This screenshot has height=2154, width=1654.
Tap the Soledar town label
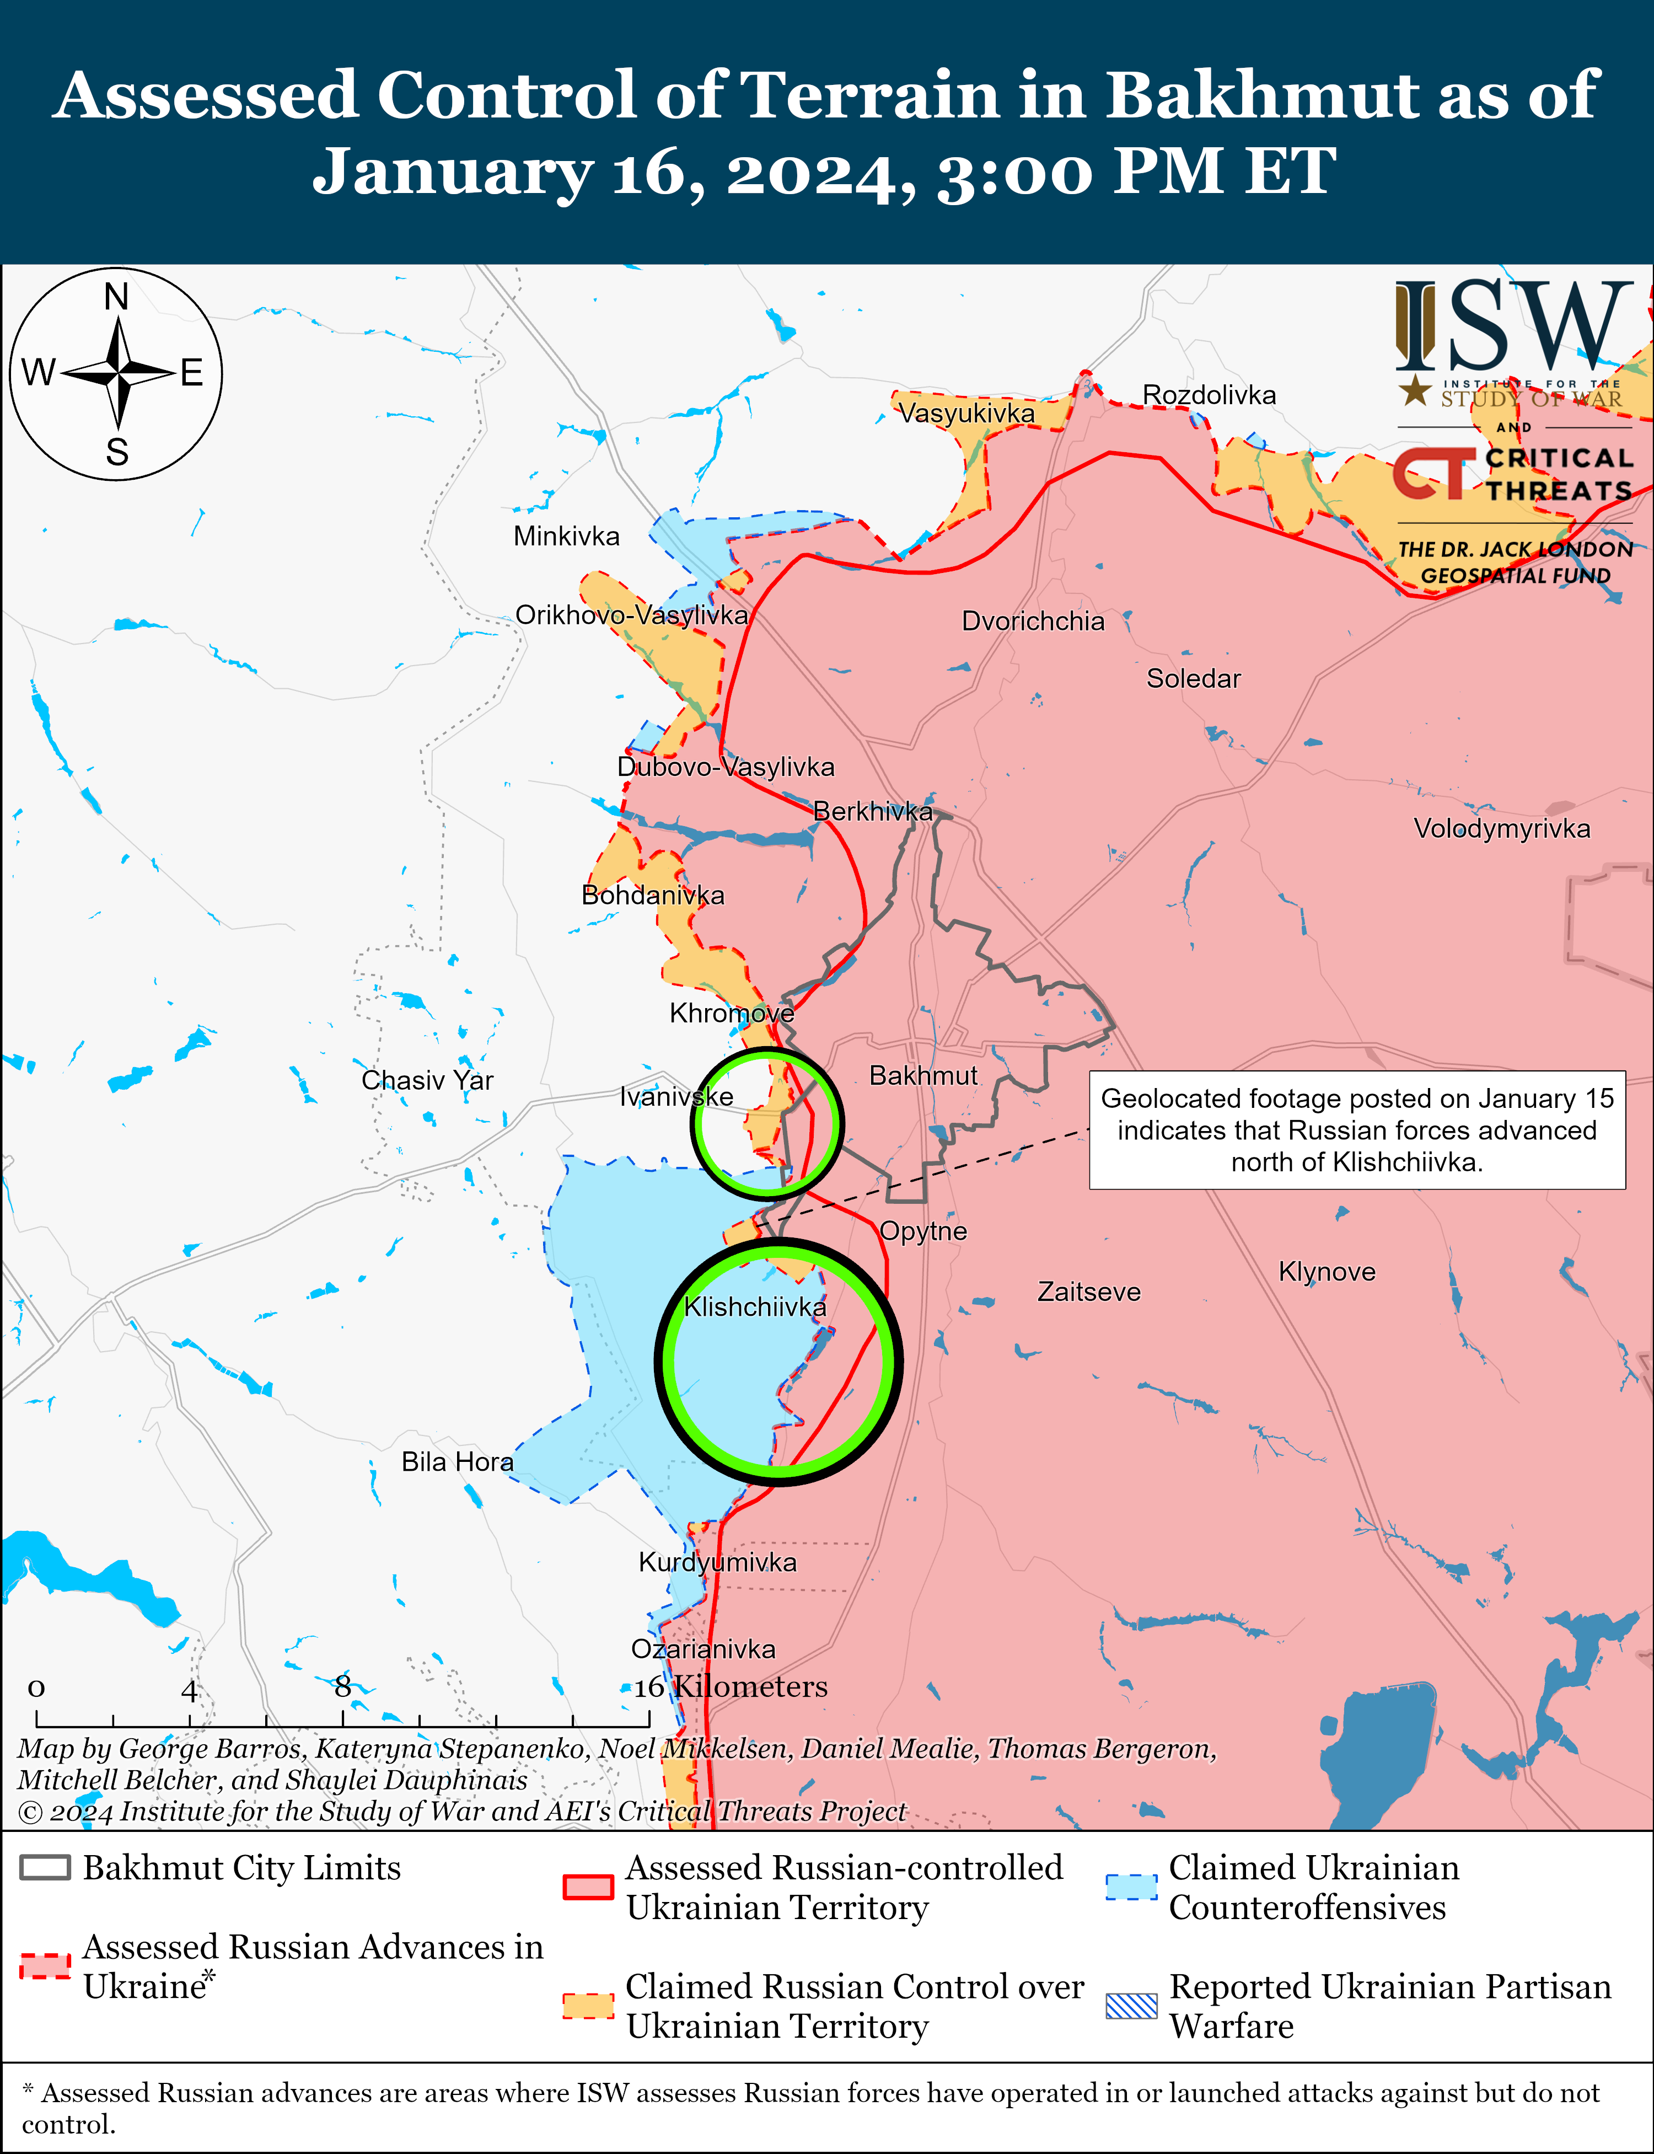pyautogui.click(x=1193, y=678)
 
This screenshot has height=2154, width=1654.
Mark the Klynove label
pyautogui.click(x=1326, y=1271)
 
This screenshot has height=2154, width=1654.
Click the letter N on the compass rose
pyautogui.click(x=116, y=296)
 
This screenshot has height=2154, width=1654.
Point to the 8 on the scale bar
pyautogui.click(x=342, y=1687)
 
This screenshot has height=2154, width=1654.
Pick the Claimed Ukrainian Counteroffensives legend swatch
pyautogui.click(x=1131, y=1885)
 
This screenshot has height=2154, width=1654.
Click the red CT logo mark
pyautogui.click(x=1432, y=474)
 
